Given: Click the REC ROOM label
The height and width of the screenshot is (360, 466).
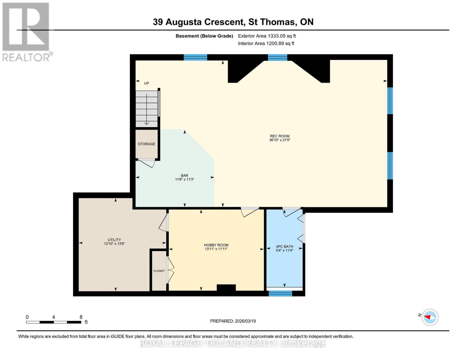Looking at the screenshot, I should pyautogui.click(x=279, y=136).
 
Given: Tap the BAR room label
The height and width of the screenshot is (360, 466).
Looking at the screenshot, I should pyautogui.click(x=184, y=175).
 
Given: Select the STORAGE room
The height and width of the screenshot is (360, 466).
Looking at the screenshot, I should pyautogui.click(x=146, y=144).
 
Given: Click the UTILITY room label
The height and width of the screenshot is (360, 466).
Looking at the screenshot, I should pyautogui.click(x=114, y=240).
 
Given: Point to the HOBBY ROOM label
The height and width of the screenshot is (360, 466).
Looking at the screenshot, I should pyautogui.click(x=216, y=245).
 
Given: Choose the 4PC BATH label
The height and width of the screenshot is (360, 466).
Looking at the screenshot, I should pyautogui.click(x=284, y=247).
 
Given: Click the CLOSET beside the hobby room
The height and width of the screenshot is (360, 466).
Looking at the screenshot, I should pyautogui.click(x=159, y=271).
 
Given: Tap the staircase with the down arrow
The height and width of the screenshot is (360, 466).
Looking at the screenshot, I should pyautogui.click(x=146, y=109).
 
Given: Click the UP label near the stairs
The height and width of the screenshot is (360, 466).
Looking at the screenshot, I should pyautogui.click(x=146, y=83).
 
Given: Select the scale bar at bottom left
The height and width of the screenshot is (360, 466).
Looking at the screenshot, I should pyautogui.click(x=54, y=322).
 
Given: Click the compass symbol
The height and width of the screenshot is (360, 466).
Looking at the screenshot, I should pyautogui.click(x=430, y=317).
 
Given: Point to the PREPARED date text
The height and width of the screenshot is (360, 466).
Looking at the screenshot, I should pyautogui.click(x=233, y=321).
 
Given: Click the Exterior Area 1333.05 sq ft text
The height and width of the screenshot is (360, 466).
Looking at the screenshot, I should pyautogui.click(x=267, y=36).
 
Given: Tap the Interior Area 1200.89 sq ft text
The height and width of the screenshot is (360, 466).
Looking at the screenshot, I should pyautogui.click(x=266, y=43).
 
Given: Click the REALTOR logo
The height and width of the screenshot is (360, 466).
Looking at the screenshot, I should pyautogui.click(x=26, y=31).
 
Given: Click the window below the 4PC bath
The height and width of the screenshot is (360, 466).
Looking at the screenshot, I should pyautogui.click(x=280, y=293).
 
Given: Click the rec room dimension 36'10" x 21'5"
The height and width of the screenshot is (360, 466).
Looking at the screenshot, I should pyautogui.click(x=279, y=140).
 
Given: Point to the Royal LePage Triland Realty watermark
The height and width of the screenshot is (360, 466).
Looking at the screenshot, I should pyautogui.click(x=233, y=343).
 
